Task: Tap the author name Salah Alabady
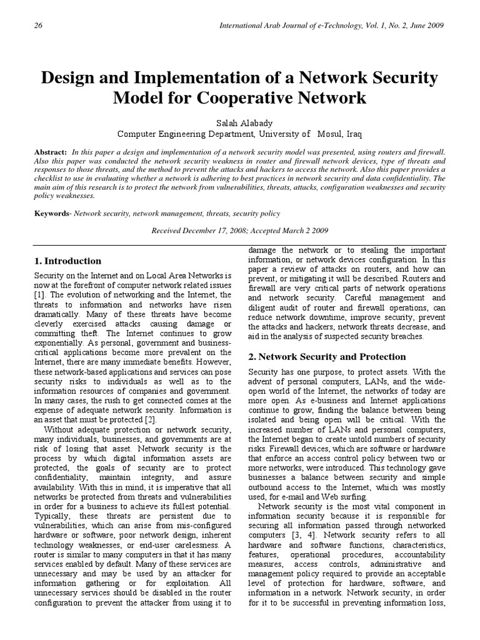[x=239, y=123]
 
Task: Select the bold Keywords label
[x=52, y=214]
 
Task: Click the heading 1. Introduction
[x=68, y=261]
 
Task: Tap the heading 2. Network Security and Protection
[x=327, y=357]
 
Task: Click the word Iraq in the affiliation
[x=351, y=134]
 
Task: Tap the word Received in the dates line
[x=169, y=231]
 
